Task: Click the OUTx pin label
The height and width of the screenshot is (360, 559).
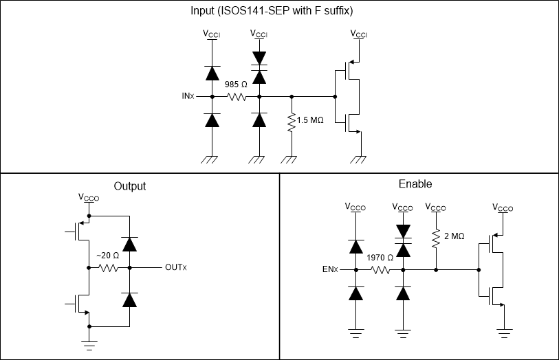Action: coord(175,267)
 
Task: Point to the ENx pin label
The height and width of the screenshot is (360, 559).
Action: coord(330,269)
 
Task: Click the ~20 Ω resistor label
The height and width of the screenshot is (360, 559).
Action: coord(108,256)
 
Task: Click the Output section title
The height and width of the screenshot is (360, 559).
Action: coord(130,186)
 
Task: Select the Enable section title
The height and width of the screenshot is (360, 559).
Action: coord(415,184)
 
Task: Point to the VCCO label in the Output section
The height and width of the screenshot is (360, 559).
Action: coord(88,197)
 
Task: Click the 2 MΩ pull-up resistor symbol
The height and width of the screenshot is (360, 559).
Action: coord(436,236)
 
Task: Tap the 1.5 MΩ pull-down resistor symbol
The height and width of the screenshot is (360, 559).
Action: coord(292,121)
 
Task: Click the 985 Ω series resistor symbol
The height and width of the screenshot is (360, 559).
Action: coord(237,97)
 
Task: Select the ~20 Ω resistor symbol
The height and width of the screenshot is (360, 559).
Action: coord(109,267)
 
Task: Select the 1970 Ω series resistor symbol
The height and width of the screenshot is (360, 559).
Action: coord(380,269)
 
